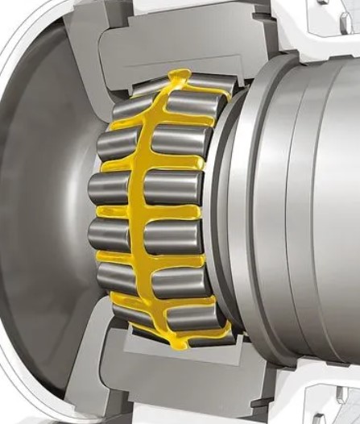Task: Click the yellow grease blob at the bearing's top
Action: tap(181, 78)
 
